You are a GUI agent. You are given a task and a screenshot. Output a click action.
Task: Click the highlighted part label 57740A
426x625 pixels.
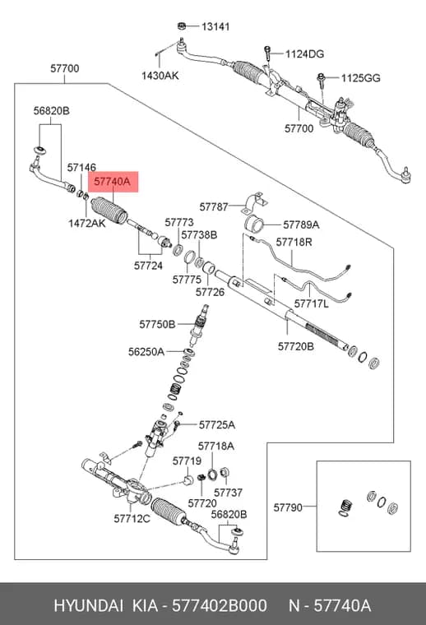pyautogui.click(x=112, y=182)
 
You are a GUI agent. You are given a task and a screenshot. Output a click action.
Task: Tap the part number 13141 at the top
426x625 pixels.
pyautogui.click(x=215, y=26)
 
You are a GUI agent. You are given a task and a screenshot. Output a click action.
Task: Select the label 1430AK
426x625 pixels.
pyautogui.click(x=160, y=76)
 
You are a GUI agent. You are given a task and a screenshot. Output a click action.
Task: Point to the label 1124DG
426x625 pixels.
pyautogui.click(x=304, y=53)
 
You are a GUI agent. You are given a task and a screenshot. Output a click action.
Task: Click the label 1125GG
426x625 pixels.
pyautogui.click(x=360, y=78)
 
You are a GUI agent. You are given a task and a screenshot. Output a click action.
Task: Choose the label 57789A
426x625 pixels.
pyautogui.click(x=301, y=225)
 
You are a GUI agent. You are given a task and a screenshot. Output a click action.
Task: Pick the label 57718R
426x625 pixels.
pyautogui.click(x=294, y=242)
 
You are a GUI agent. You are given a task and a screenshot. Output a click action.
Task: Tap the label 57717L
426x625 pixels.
pyautogui.click(x=311, y=303)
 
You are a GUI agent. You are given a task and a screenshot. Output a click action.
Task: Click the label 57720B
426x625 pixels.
pyautogui.click(x=296, y=346)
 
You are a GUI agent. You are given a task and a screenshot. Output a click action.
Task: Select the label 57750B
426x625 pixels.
pyautogui.click(x=157, y=325)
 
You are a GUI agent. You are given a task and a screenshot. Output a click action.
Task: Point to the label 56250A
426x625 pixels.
pyautogui.click(x=146, y=352)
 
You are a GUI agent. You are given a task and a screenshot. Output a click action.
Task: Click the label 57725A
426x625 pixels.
pyautogui.click(x=217, y=425)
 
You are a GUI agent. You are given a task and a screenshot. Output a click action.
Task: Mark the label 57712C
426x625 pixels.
pyautogui.click(x=132, y=519)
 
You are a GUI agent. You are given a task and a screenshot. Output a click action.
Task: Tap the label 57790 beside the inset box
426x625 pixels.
pyautogui.click(x=288, y=507)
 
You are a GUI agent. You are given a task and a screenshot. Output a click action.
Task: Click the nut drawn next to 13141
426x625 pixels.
pyautogui.click(x=182, y=26)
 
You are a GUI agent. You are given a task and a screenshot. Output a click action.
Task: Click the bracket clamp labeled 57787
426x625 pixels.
pyautogui.click(x=257, y=203)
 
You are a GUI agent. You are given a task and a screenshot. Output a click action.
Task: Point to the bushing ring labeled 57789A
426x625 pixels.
pyautogui.click(x=254, y=224)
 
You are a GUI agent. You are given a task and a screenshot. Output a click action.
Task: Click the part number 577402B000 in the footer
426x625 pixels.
pyautogui.click(x=220, y=606)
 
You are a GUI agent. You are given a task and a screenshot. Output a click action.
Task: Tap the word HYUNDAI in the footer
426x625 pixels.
pyautogui.click(x=89, y=606)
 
